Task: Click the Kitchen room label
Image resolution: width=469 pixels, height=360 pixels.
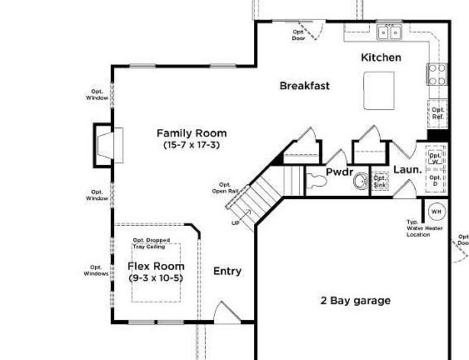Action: point(381,57)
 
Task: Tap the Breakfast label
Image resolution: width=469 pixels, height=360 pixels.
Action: point(305,85)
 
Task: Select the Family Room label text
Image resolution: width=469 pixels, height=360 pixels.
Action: point(192,133)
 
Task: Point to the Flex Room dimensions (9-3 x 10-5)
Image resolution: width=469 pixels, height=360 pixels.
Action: point(156,277)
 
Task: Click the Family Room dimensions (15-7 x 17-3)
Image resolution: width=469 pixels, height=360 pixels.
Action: point(192,145)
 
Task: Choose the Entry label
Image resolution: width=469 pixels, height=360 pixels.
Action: point(227,271)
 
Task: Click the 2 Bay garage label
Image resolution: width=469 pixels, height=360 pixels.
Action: point(355,301)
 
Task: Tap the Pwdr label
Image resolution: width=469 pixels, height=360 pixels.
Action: point(340,172)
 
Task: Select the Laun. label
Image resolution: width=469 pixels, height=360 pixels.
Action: point(407,169)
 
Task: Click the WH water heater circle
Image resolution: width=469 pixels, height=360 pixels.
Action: point(437,212)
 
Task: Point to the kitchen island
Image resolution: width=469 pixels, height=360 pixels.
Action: point(380,88)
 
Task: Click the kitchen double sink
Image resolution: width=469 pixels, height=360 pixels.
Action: point(389,32)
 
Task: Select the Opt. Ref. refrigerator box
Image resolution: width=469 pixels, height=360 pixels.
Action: point(437,113)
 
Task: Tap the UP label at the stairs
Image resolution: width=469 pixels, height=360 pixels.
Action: point(235,222)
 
